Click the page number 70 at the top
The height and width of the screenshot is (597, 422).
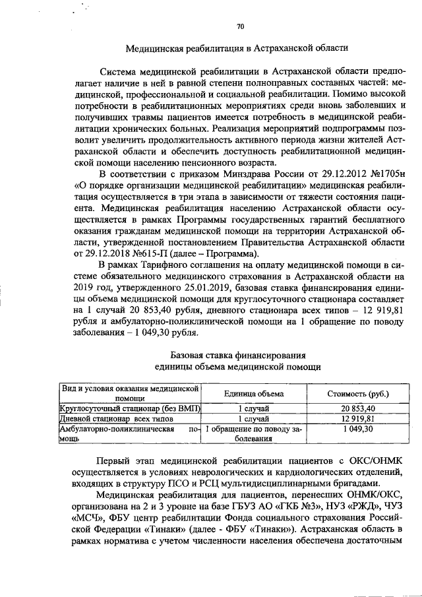point(240,26)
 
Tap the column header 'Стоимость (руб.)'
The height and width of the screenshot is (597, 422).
point(358,393)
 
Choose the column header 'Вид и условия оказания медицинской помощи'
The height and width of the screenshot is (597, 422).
point(130,393)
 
